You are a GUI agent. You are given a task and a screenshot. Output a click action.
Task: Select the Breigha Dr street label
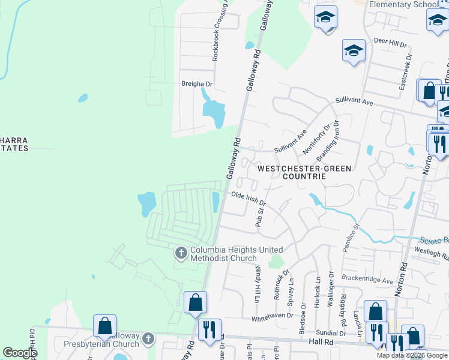coord(197,85)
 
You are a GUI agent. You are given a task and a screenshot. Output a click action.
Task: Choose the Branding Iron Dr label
coord(328,140)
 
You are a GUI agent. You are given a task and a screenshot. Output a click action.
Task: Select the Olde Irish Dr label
coord(249,199)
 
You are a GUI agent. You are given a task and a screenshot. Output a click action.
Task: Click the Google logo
coord(20,353)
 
